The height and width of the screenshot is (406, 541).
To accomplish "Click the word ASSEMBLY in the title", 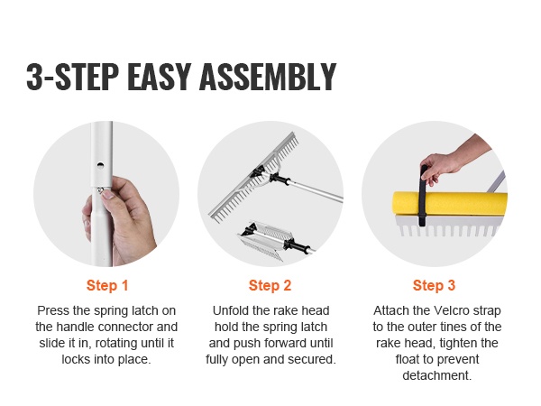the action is click(x=268, y=77).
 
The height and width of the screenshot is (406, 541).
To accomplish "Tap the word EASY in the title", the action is click(x=160, y=77).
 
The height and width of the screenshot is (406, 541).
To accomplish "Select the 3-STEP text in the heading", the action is click(x=72, y=77).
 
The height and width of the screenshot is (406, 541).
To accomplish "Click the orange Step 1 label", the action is click(x=107, y=285).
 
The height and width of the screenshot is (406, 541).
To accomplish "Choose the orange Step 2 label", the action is click(x=270, y=285).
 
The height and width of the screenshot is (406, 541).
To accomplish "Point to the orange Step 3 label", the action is click(x=434, y=285).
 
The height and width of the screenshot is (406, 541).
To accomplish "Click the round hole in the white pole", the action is click(x=100, y=165).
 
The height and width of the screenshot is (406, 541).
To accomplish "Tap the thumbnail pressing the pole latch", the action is click(x=108, y=195).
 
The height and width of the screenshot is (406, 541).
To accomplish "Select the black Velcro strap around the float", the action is click(x=423, y=197).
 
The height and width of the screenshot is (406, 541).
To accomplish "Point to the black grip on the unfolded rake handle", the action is click(x=280, y=179).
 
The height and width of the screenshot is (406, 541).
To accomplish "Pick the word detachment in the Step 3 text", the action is click(x=436, y=375).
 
